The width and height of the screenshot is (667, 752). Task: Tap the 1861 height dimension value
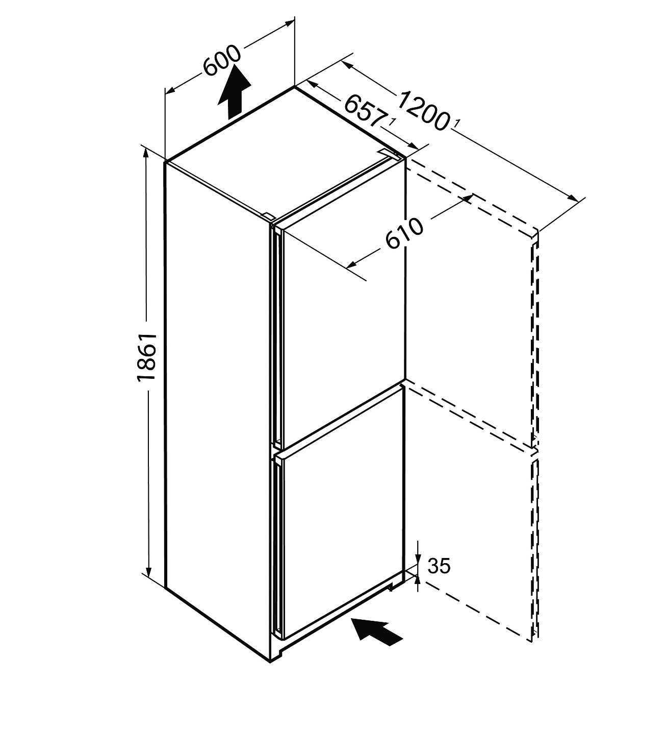tap(146, 357)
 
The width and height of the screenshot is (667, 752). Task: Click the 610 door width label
tap(404, 233)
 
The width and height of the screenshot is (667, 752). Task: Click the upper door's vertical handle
tap(276, 337)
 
